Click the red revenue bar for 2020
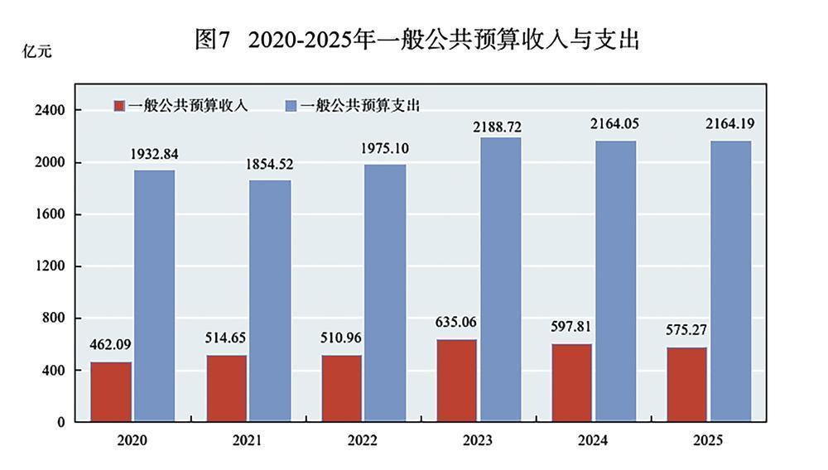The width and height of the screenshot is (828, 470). pos(111,391)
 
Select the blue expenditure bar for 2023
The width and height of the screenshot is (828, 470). pos(501,280)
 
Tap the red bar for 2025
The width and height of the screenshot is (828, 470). pos(686,384)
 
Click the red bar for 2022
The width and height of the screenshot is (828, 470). pos(341,388)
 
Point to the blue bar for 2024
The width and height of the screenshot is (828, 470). pos(616,281)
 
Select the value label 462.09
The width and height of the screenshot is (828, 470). pos(111,344)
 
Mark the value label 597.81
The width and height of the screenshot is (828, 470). pos(572,327)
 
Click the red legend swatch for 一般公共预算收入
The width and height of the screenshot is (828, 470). pos(119,106)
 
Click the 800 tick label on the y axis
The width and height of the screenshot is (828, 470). pos(51,318)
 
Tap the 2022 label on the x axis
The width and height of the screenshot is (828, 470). pos(363,440)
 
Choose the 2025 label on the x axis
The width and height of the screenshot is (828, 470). pos(707,440)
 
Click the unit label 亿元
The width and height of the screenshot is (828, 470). pos(36,51)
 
